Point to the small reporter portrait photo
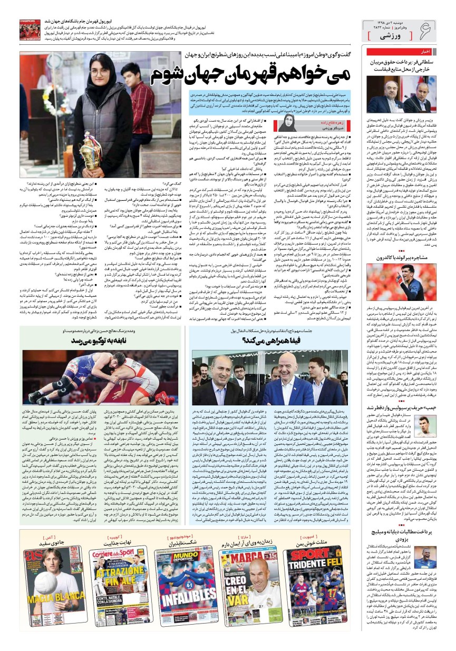click(289, 122)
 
